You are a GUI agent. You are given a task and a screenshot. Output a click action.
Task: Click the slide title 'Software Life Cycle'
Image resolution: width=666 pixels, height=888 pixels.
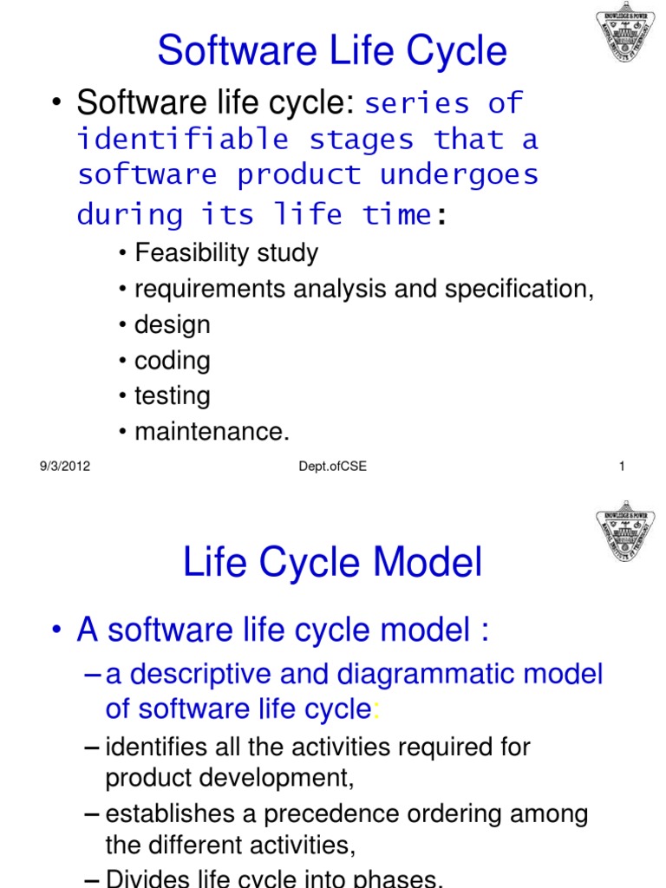pyautogui.click(x=332, y=51)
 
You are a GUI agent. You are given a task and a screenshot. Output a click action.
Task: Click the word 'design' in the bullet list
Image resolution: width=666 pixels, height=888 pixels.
pyautogui.click(x=173, y=324)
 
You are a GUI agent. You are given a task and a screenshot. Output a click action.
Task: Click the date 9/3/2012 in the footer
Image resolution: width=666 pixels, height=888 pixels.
pyautogui.click(x=65, y=467)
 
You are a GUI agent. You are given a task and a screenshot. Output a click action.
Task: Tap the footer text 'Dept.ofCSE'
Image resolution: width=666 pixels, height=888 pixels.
pyautogui.click(x=331, y=467)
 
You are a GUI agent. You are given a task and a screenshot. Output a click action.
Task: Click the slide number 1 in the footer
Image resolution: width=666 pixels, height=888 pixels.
pyautogui.click(x=622, y=467)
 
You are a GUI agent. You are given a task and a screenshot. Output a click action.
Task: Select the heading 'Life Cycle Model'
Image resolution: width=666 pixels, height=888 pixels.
pyautogui.click(x=332, y=564)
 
